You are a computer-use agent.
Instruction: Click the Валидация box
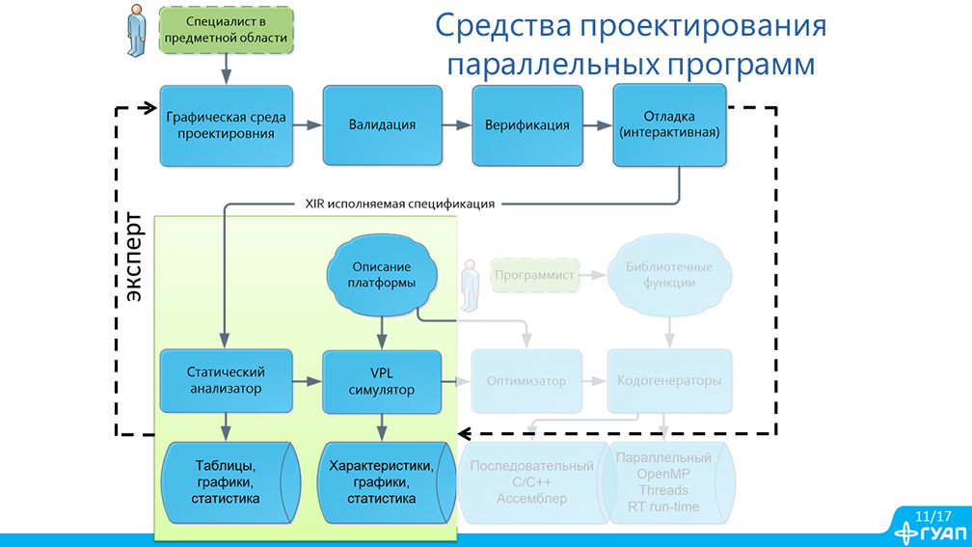click(382, 124)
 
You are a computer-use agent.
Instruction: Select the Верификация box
click(526, 124)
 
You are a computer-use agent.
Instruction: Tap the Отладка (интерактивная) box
click(668, 124)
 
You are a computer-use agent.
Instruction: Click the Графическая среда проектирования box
click(226, 124)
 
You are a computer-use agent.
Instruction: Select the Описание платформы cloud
click(381, 275)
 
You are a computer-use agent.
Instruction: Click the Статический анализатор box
click(226, 380)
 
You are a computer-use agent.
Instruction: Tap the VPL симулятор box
click(381, 380)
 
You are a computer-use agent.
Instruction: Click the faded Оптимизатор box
click(526, 381)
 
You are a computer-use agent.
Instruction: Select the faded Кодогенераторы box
click(668, 381)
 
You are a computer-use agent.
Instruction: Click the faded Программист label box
click(534, 275)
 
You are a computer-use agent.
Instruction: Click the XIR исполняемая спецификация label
click(399, 204)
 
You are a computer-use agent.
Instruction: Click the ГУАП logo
click(927, 533)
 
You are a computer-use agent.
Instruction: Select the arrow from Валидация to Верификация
click(456, 124)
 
